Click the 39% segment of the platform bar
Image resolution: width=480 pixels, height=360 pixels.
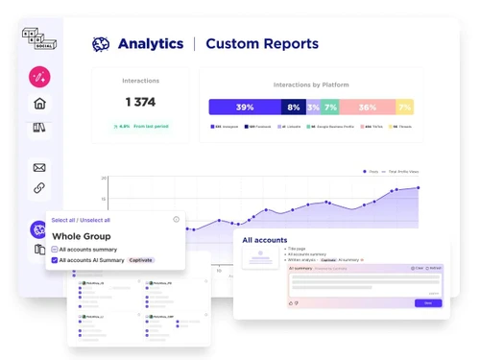pos(244,108)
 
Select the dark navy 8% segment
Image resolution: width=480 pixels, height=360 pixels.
pos(293,108)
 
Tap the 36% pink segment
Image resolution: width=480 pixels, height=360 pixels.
pos(367,108)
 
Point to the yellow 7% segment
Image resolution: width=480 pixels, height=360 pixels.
pos(405,108)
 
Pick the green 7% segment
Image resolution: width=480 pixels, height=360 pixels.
pos(329,108)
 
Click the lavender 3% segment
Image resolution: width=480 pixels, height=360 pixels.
pos(313,108)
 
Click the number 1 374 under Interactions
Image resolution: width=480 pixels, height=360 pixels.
pos(141,102)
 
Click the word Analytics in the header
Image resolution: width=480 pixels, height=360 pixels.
pos(150,44)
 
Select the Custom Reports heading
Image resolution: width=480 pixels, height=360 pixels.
pos(261,44)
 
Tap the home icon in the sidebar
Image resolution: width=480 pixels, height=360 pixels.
pos(39,104)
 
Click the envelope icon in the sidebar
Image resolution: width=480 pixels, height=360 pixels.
pos(39,167)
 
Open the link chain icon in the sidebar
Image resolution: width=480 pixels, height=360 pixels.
pos(39,188)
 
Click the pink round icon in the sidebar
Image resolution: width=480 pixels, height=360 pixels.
pos(39,76)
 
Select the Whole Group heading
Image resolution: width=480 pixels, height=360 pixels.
pos(81,236)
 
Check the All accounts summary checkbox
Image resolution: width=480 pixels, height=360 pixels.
pos(55,250)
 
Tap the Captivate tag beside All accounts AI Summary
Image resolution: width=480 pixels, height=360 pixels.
pos(141,260)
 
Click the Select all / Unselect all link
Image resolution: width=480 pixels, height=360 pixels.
pos(81,220)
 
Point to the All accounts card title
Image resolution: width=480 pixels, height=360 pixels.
pos(265,240)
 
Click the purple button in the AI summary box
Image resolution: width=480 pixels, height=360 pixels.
pos(428,302)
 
